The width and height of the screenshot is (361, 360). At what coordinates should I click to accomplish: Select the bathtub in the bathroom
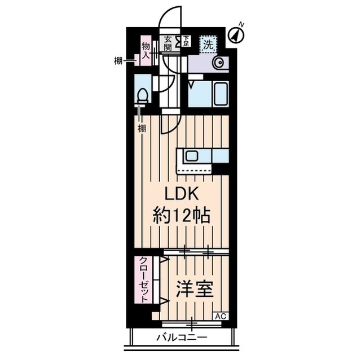pyautogui.click(x=221, y=94)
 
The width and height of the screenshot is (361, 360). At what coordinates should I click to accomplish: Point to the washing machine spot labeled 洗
pyautogui.click(x=208, y=45)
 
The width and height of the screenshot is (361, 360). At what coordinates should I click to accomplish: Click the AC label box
pyautogui.click(x=221, y=316)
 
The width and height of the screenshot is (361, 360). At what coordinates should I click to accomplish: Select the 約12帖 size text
pyautogui.click(x=182, y=215)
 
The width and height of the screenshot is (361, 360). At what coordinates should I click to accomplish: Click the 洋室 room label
pyautogui.click(x=195, y=289)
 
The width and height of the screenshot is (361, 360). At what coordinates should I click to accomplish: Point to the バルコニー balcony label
pyautogui.click(x=182, y=337)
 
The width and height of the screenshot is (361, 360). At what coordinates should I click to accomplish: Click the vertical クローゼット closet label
pyautogui.click(x=144, y=280)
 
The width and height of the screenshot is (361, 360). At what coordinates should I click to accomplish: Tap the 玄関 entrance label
pyautogui.click(x=168, y=44)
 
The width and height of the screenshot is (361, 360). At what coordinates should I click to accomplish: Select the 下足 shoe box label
pyautogui.click(x=186, y=41)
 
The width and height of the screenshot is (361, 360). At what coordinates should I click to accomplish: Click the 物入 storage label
pyautogui.click(x=146, y=50)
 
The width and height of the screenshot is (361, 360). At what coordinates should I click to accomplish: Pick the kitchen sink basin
pyautogui.click(x=192, y=156)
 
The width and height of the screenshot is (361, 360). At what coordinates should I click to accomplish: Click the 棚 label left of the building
pyautogui.click(x=118, y=61)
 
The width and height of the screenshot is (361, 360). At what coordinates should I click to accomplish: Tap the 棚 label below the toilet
pyautogui.click(x=142, y=128)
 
